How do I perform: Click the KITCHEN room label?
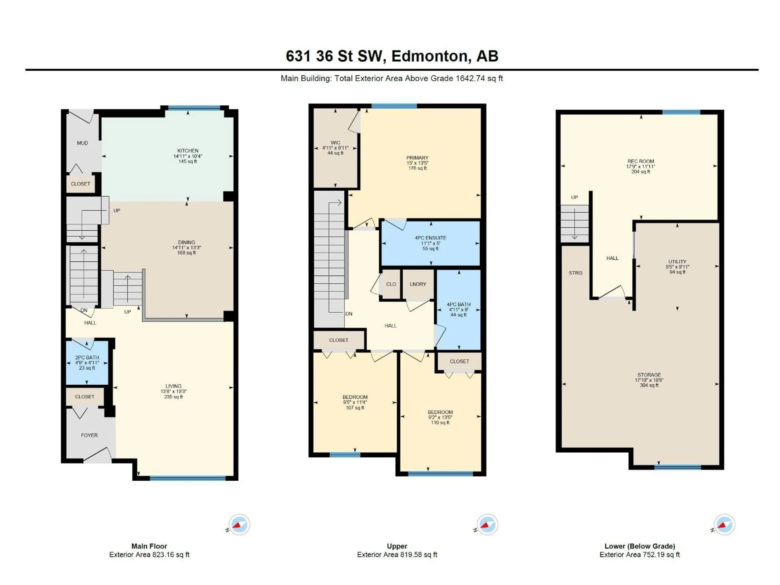188,151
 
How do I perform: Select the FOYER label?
89,435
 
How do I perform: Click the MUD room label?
82,143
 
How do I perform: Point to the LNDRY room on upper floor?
418,284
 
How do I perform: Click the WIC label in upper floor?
335,143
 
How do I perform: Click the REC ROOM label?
640,161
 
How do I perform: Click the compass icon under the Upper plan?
487,524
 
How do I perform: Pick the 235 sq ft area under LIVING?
173,397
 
